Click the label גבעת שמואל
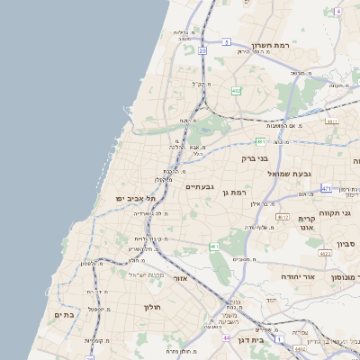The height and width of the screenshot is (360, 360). [290, 172]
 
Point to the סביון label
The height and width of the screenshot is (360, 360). [347, 244]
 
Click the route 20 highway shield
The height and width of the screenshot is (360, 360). [203, 51]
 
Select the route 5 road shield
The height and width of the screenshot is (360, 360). [227, 41]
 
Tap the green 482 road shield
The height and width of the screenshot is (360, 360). [236, 91]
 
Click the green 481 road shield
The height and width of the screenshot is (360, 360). [260, 141]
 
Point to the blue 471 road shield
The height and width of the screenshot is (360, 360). [326, 188]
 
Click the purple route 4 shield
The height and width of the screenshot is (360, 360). [337, 12]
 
